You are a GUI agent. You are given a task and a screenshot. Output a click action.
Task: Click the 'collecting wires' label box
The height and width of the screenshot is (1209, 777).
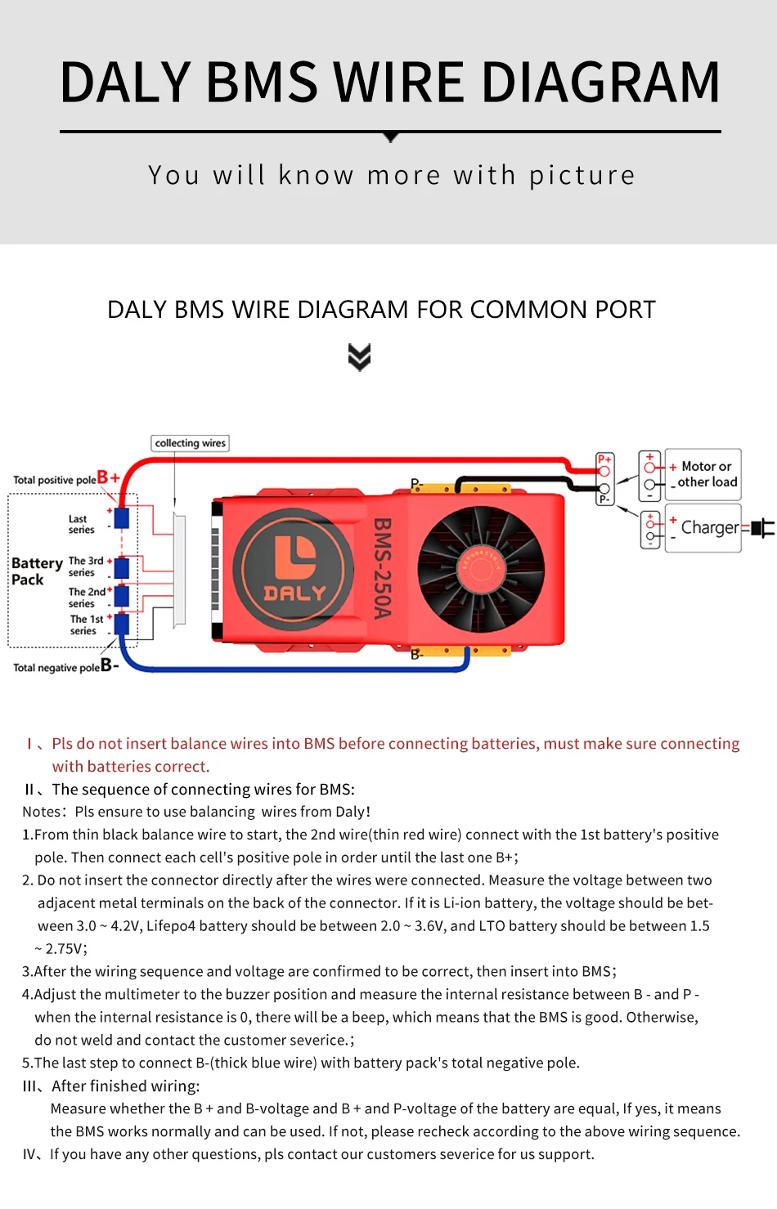190,443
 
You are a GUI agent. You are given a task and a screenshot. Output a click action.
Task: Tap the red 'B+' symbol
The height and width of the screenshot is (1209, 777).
108,477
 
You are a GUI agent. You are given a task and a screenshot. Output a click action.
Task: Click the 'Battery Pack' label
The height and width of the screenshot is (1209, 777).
36,571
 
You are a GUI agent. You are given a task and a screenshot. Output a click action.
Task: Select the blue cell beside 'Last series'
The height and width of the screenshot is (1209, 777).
122,517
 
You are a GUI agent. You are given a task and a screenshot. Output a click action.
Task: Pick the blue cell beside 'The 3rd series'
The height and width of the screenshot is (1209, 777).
122,566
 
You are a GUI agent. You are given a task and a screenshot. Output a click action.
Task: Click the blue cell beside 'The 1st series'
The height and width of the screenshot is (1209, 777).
122,625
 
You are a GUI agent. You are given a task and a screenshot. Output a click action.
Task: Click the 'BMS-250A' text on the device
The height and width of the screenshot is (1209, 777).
382,568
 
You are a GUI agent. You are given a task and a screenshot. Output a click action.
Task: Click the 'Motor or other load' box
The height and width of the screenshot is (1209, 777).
703,474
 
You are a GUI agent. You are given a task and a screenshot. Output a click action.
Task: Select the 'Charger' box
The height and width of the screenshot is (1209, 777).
703,528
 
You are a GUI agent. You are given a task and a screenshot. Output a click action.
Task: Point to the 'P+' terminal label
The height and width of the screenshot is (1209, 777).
604,459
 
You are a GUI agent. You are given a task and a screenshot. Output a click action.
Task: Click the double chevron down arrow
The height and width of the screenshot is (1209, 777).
359,357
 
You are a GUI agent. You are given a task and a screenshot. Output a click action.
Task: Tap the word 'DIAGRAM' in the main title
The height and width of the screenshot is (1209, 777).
600,83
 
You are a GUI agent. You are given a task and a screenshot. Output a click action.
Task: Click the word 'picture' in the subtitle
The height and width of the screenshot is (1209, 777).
582,175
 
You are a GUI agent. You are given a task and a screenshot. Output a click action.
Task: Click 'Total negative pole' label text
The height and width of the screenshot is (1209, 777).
56,668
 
